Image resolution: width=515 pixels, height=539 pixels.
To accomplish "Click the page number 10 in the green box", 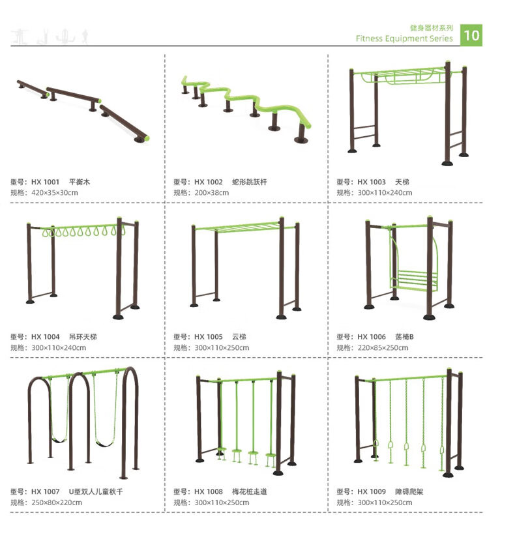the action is pos(471,35).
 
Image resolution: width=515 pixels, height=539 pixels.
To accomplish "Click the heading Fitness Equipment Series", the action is pos(404,38).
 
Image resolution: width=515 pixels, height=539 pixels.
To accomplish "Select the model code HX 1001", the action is pos(45,182).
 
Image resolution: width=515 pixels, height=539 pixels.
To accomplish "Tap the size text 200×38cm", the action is pos(211,192).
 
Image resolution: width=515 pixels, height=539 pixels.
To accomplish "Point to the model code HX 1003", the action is pos(372,182).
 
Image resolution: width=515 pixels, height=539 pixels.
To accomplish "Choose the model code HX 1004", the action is pos(45,337).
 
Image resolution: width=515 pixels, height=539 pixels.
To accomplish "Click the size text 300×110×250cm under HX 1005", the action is pos(222,347).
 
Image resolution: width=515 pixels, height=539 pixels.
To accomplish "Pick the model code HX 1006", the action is pos(372,337).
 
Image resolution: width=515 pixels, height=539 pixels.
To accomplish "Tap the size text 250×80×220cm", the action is pos(57,503).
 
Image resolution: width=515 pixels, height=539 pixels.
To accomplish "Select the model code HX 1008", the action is pos(209,492).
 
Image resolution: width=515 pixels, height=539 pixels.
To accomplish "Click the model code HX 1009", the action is pos(372,492).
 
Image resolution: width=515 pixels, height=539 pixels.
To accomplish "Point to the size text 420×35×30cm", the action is pos(55,192).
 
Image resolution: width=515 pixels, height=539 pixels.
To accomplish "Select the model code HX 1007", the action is pos(45,492).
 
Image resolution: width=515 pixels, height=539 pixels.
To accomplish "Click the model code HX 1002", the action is pos(209,182).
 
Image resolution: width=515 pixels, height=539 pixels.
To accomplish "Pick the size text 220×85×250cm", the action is pos(383,347).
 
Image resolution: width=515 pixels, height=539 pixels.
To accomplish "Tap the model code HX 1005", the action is pos(209,337).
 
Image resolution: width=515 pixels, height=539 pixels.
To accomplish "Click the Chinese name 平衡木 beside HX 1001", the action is pos(80,182).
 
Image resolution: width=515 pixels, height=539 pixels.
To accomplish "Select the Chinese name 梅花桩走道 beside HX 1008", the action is pos(249,492).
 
